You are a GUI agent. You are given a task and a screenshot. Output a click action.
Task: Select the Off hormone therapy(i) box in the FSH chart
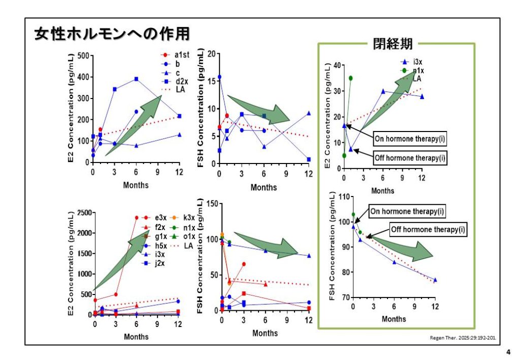click(428, 230)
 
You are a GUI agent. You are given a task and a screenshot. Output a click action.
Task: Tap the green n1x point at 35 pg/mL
click(350, 78)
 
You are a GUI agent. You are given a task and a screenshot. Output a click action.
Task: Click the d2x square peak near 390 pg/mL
click(136, 79)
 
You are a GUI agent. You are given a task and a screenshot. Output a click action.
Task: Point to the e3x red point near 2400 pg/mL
click(136, 217)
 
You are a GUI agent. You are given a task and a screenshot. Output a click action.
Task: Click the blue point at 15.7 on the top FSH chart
click(219, 77)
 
